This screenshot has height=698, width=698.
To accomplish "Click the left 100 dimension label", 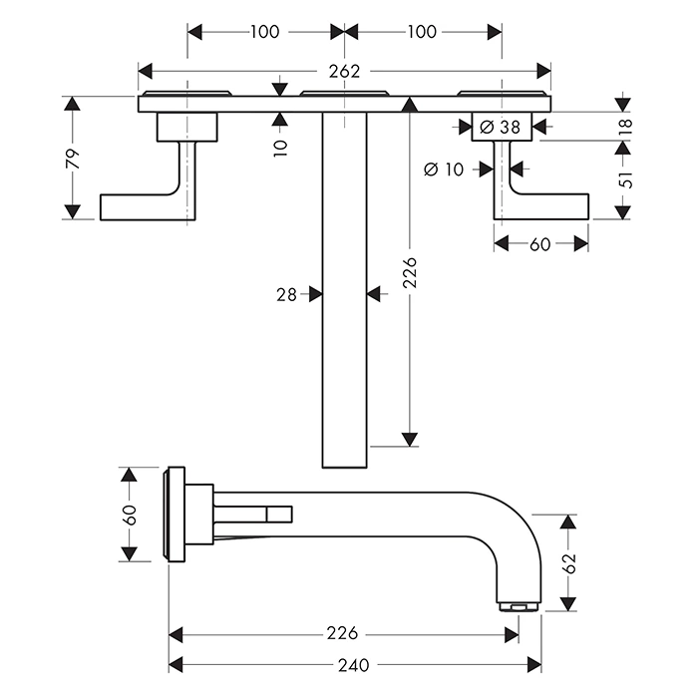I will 264,32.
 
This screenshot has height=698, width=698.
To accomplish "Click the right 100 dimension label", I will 423,32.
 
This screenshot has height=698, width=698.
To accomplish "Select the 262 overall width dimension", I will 344,71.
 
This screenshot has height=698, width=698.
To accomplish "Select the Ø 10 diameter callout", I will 444,170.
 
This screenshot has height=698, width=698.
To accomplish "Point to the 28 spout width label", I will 288,294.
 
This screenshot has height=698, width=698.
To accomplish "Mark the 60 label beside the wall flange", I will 130,515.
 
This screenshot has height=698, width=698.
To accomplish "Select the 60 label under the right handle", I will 540,244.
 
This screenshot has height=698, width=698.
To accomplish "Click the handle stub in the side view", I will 253,514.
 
